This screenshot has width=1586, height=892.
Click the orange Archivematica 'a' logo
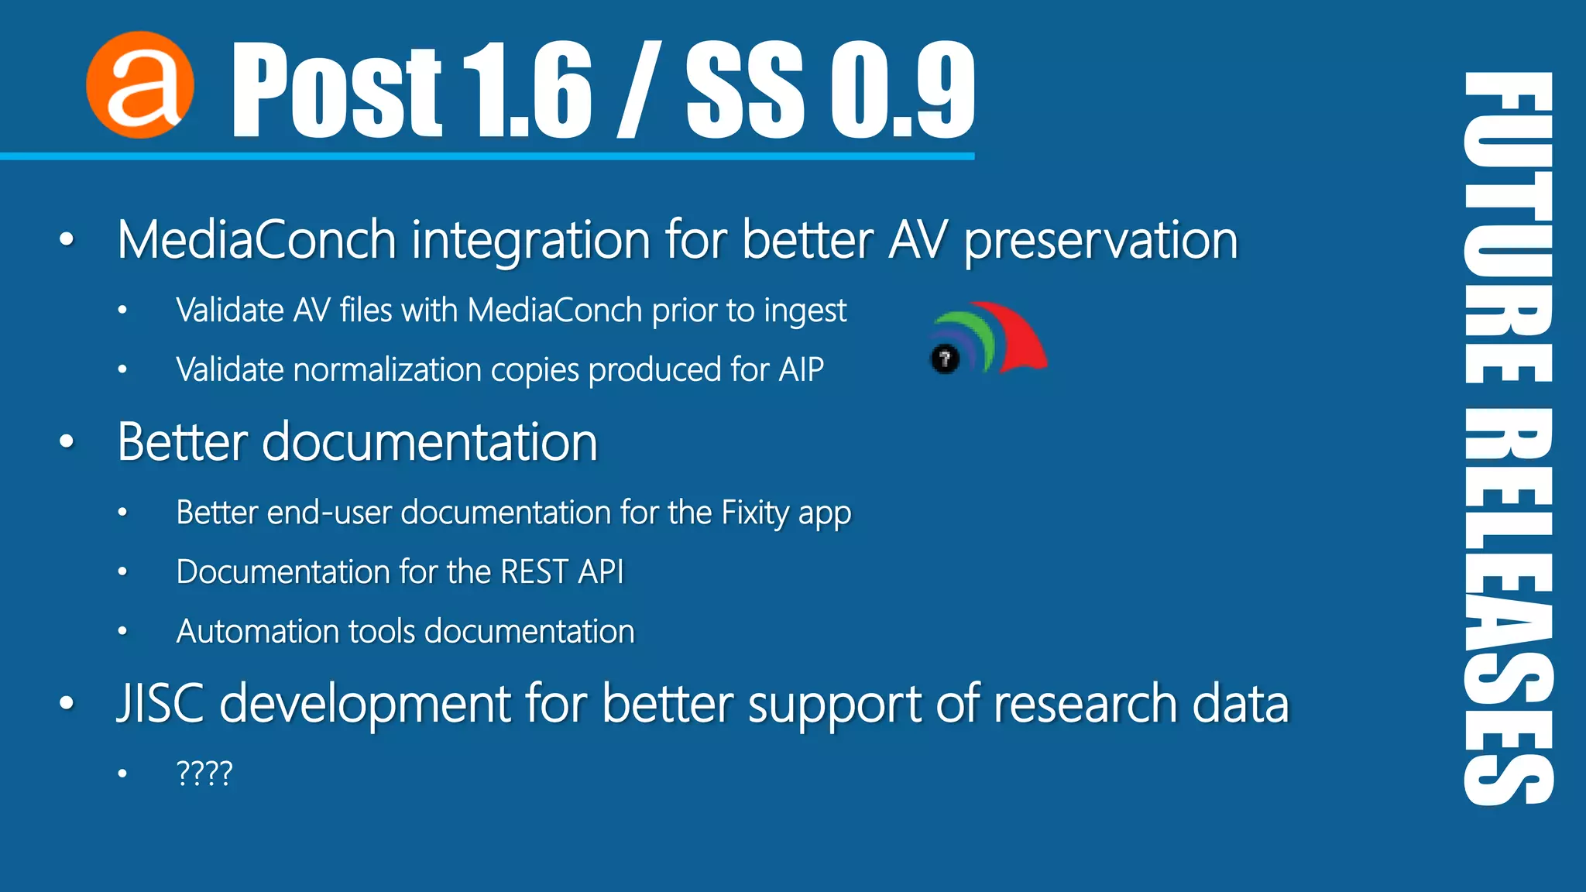(x=139, y=85)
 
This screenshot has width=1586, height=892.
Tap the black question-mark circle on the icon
(x=945, y=359)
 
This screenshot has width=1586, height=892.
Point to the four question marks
(x=204, y=774)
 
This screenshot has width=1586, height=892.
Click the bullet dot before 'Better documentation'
(x=67, y=442)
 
